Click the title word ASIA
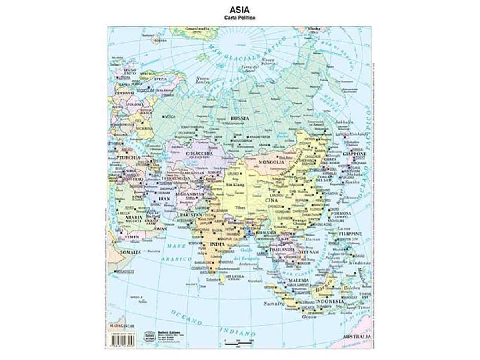tap(240, 10)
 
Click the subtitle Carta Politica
tap(240, 18)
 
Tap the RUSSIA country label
tap(240, 118)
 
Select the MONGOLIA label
tap(271, 162)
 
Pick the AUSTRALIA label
tap(357, 337)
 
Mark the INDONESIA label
tap(329, 301)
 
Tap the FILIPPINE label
tap(350, 234)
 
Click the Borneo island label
tap(323, 286)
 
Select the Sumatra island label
tap(273, 304)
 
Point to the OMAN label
tap(160, 228)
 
